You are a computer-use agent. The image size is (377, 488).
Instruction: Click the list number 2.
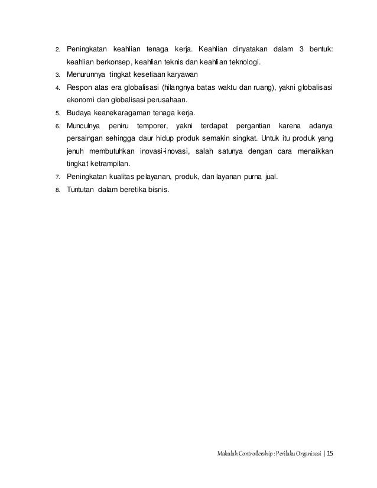tap(57, 48)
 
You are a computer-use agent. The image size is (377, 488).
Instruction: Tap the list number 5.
tap(57, 113)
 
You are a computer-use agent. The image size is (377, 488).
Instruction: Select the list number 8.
tap(57, 190)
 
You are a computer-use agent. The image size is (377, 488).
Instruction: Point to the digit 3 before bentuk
tap(303, 48)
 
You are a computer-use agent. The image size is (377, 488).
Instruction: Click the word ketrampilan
tap(112, 164)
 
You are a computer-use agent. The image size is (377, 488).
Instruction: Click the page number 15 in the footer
tap(329, 454)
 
